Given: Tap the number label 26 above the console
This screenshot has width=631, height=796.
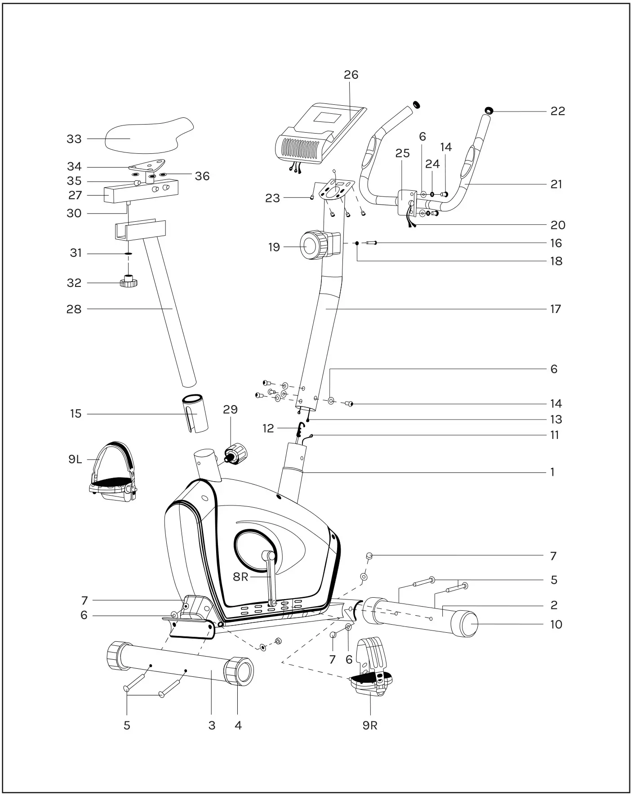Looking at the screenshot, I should click(351, 75).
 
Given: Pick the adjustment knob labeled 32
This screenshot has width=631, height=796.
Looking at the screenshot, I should click(129, 282).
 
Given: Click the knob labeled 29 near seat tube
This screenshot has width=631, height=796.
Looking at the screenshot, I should click(236, 453).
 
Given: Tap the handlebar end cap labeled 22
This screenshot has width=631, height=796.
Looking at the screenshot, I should click(489, 111).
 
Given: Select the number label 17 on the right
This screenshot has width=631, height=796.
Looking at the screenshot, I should click(555, 309).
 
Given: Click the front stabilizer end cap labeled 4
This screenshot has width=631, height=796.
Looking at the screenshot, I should click(239, 671).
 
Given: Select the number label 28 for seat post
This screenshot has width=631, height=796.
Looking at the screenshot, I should click(74, 309).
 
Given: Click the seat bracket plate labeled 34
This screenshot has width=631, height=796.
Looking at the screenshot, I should click(148, 165).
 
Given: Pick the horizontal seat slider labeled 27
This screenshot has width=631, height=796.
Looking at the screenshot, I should click(140, 191).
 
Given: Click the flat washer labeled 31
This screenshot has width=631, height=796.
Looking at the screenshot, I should click(129, 254).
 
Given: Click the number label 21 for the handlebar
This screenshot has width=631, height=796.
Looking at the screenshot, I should click(556, 184).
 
